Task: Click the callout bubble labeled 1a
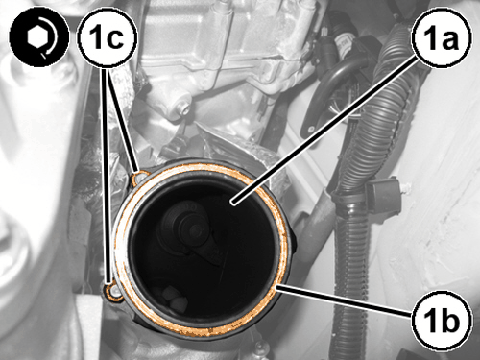click(x=443, y=37)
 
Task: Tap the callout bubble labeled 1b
click(x=443, y=321)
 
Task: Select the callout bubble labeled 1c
click(x=108, y=37)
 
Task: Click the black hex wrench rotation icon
click(x=39, y=37)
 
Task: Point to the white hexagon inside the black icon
click(x=37, y=37)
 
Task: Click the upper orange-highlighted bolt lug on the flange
click(x=140, y=177)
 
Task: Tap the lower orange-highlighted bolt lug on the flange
click(x=114, y=291)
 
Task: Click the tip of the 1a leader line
click(x=233, y=203)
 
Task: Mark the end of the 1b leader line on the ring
click(x=277, y=287)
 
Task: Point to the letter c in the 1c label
click(x=118, y=38)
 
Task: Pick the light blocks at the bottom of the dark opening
click(x=171, y=297)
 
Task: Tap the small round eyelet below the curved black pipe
click(x=311, y=129)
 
